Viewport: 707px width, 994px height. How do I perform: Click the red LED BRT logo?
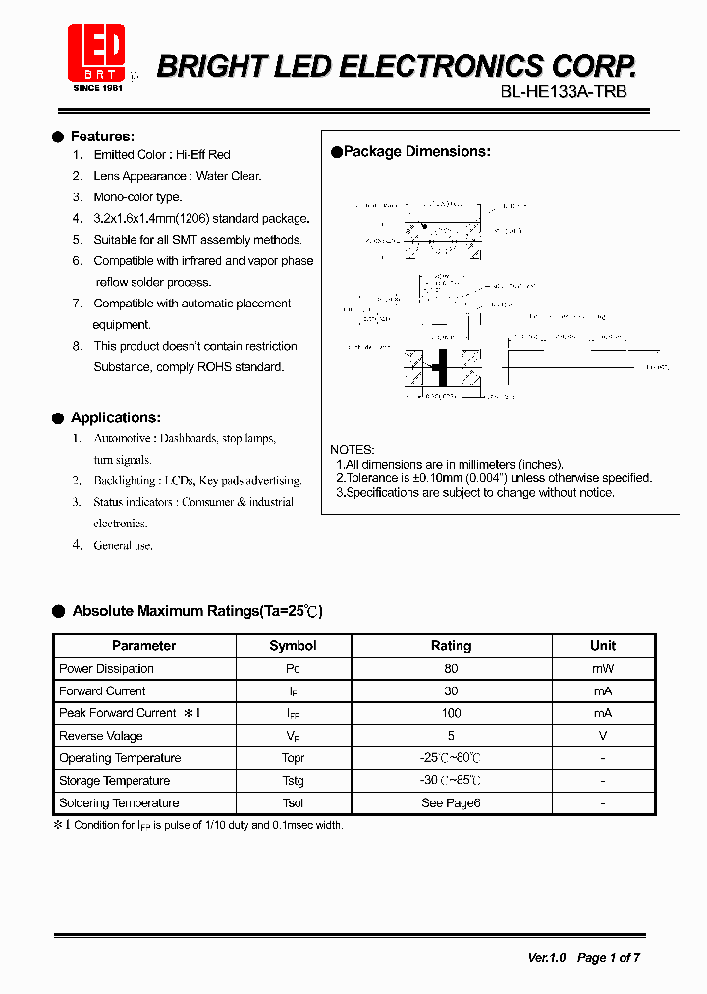(95, 54)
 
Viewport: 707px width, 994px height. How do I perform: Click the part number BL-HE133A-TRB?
(564, 91)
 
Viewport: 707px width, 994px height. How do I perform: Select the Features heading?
(102, 137)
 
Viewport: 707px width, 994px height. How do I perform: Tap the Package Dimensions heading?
(416, 151)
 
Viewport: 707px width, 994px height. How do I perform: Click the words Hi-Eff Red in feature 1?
(203, 155)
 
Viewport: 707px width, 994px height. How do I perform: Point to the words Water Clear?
(229, 176)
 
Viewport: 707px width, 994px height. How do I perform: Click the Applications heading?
(115, 417)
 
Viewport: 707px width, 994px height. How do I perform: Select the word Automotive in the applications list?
(123, 438)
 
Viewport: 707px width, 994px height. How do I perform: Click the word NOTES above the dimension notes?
(352, 449)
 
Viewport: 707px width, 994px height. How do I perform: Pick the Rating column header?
(451, 646)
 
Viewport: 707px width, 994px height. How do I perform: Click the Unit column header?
(603, 645)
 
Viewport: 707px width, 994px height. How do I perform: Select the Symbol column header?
(293, 646)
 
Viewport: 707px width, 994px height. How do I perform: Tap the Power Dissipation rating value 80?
(451, 669)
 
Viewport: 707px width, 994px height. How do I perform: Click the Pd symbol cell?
(293, 669)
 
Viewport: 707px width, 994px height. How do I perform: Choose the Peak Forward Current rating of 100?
(451, 713)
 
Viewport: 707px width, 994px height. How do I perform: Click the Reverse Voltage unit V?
(603, 736)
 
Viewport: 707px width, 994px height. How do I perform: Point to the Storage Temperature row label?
(114, 781)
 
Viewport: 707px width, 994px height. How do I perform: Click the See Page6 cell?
(451, 803)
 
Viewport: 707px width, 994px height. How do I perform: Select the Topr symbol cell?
(293, 758)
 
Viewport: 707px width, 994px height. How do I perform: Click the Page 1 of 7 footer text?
(609, 957)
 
